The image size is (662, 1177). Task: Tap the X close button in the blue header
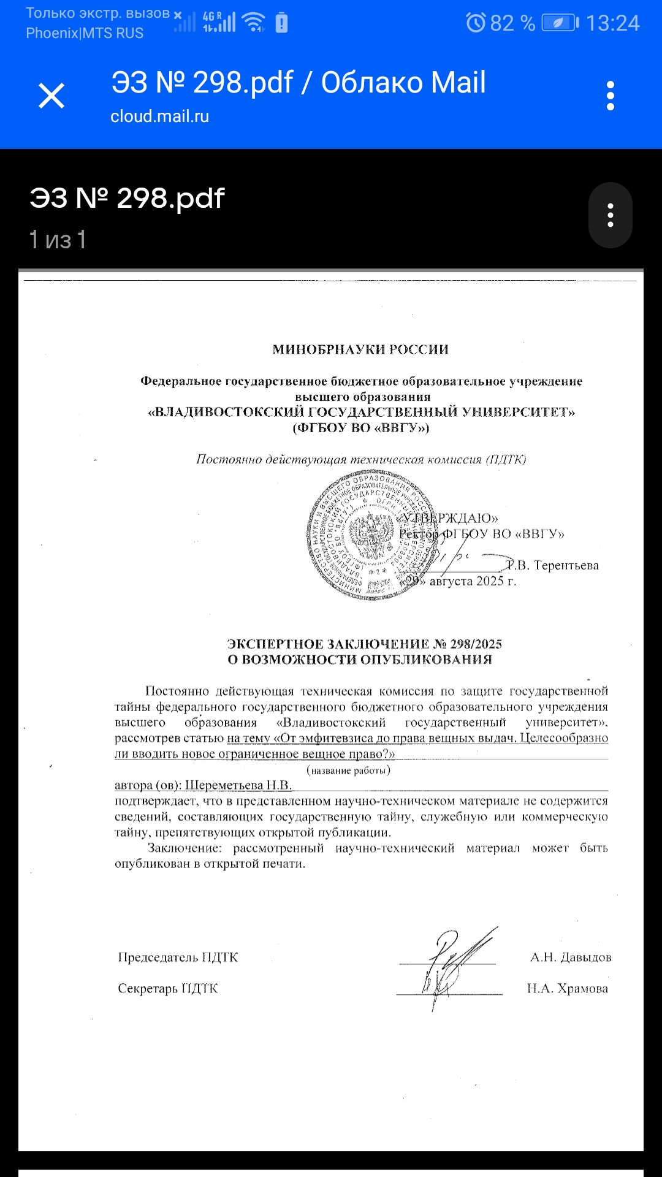[51, 96]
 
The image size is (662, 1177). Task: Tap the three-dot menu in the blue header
[610, 96]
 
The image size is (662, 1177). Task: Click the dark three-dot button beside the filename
[610, 215]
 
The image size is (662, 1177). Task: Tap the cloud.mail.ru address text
[159, 116]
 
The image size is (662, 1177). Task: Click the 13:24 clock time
[612, 23]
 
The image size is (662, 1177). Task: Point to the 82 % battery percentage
[512, 23]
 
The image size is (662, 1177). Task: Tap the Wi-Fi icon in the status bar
[253, 22]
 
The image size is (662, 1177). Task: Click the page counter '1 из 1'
[58, 240]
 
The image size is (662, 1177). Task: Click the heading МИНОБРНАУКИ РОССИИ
[360, 349]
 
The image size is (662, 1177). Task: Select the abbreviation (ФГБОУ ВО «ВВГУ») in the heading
[361, 428]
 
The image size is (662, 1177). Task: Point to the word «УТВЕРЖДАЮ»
[449, 518]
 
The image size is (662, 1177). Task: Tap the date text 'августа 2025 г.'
[473, 581]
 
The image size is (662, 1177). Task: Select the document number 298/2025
[476, 644]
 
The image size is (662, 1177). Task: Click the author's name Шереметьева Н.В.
[238, 785]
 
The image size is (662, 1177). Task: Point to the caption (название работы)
[348, 771]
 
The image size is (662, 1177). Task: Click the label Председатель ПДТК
[178, 958]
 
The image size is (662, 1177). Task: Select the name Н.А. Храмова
[568, 988]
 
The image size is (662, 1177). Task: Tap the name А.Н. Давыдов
[571, 958]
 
